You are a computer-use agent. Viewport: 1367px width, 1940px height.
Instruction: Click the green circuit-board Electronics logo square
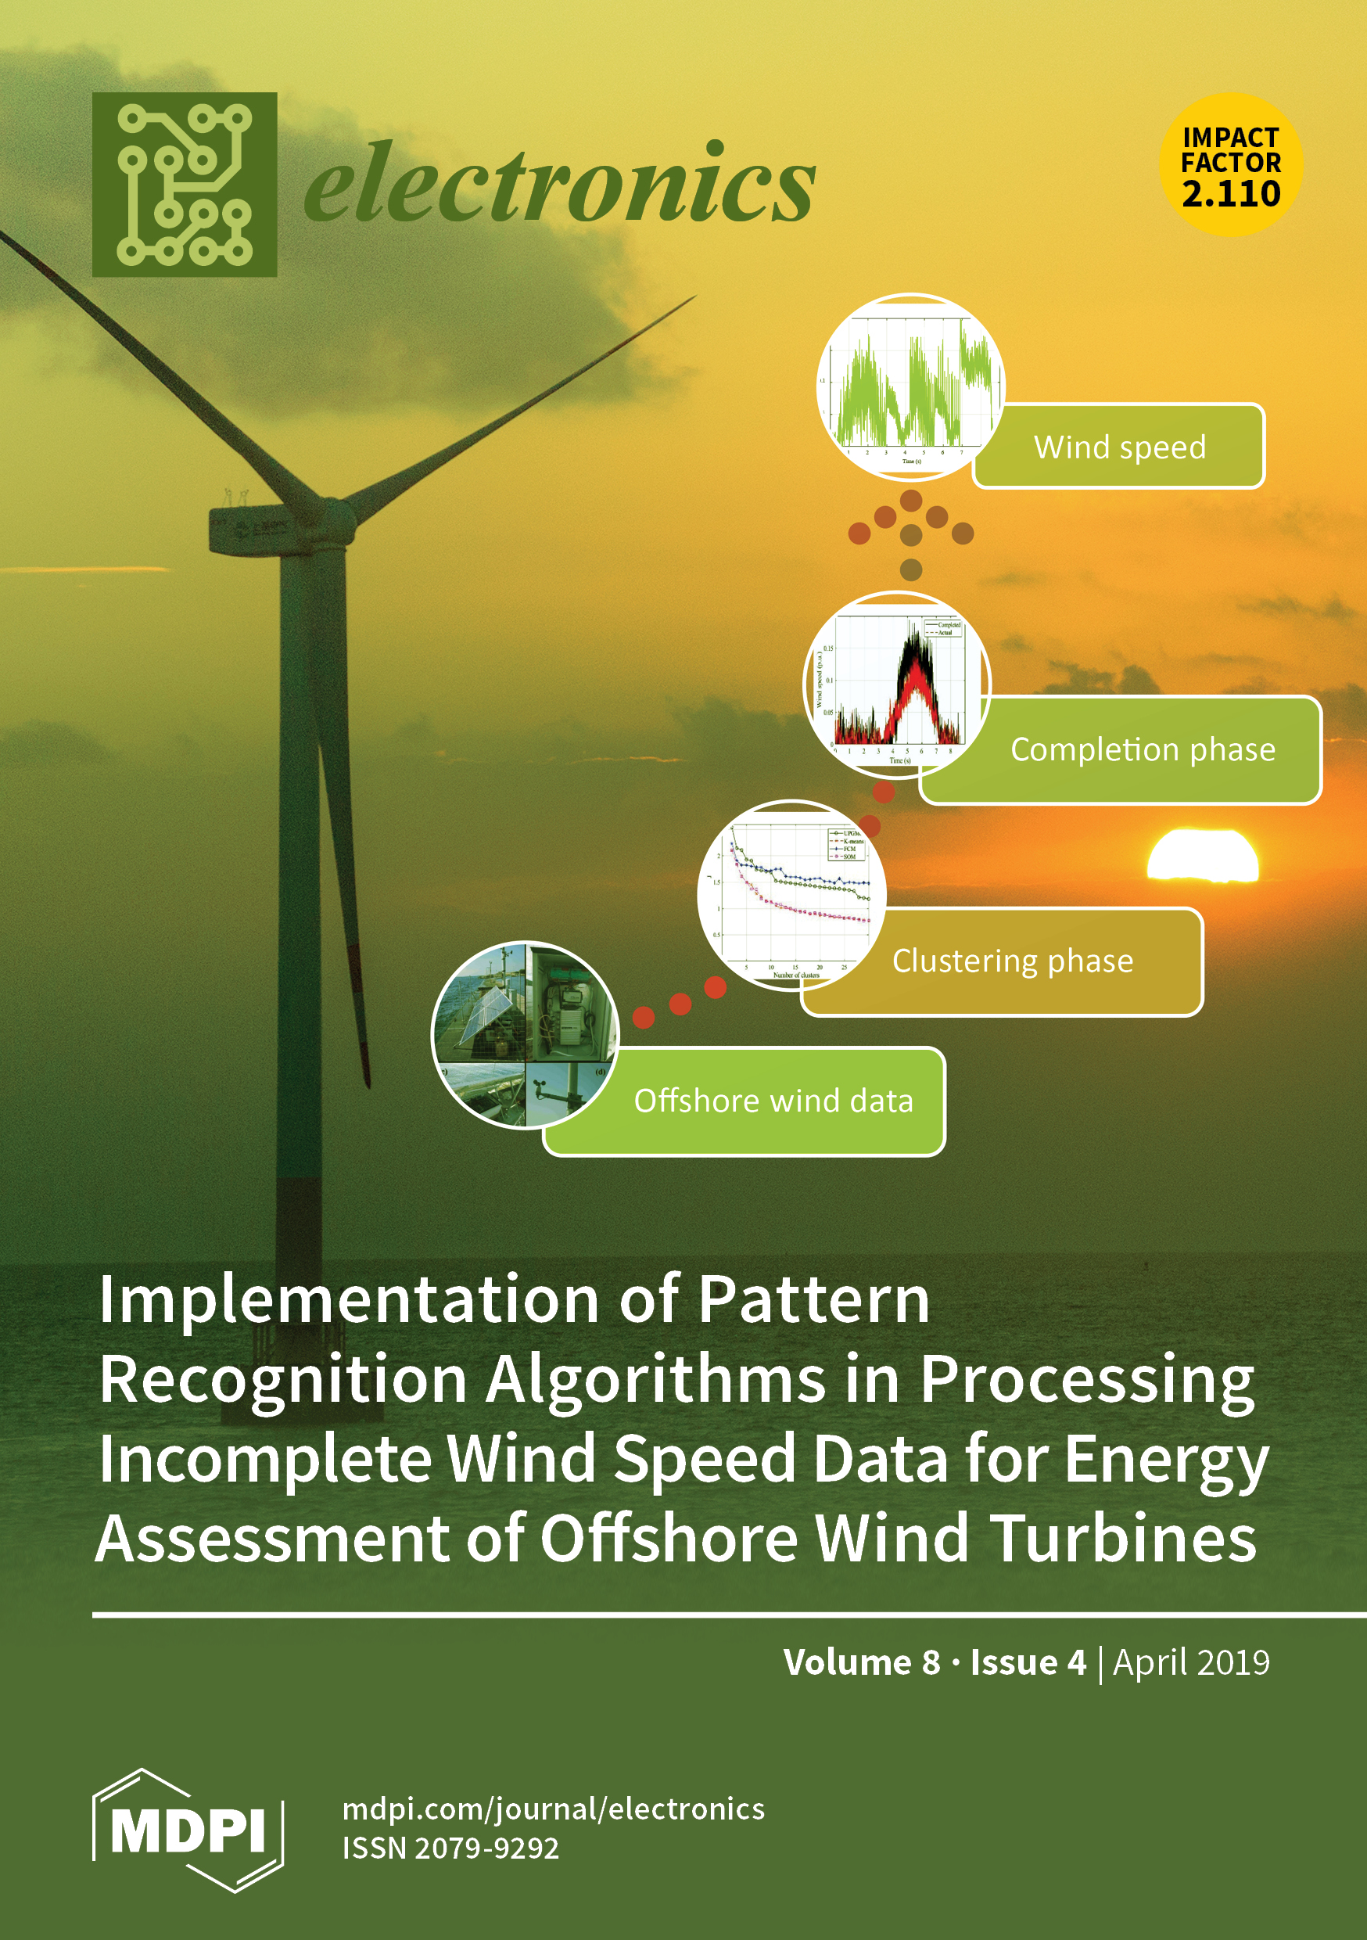pos(185,184)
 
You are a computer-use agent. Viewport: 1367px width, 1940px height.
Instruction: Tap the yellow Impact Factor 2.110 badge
pos(1230,165)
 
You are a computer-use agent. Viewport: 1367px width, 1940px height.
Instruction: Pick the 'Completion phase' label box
pos(1143,750)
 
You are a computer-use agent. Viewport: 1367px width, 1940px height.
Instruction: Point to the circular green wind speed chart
pos(910,387)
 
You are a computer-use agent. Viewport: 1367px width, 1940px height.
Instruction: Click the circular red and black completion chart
pos(896,684)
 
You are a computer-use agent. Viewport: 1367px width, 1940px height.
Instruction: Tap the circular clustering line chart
pos(791,894)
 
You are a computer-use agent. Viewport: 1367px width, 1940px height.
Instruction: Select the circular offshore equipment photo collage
pos(525,1034)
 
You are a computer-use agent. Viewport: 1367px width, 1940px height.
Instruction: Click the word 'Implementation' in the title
pos(348,1301)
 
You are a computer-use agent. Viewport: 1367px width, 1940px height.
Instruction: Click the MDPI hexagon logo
pos(188,1830)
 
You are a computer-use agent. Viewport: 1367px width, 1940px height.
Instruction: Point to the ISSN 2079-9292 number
pos(450,1848)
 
